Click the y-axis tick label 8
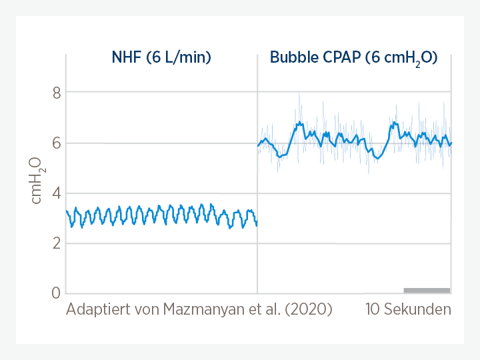coord(57,93)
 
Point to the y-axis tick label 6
coord(57,143)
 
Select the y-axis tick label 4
coord(57,193)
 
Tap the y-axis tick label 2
coord(57,243)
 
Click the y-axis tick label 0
coord(57,293)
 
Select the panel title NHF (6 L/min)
coord(161,57)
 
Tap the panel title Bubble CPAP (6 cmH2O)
coord(353,58)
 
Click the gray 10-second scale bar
coord(427,290)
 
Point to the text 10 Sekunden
coord(408,310)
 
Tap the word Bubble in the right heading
coord(291,57)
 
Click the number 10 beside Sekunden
coord(373,310)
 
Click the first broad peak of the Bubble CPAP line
coord(299,123)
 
